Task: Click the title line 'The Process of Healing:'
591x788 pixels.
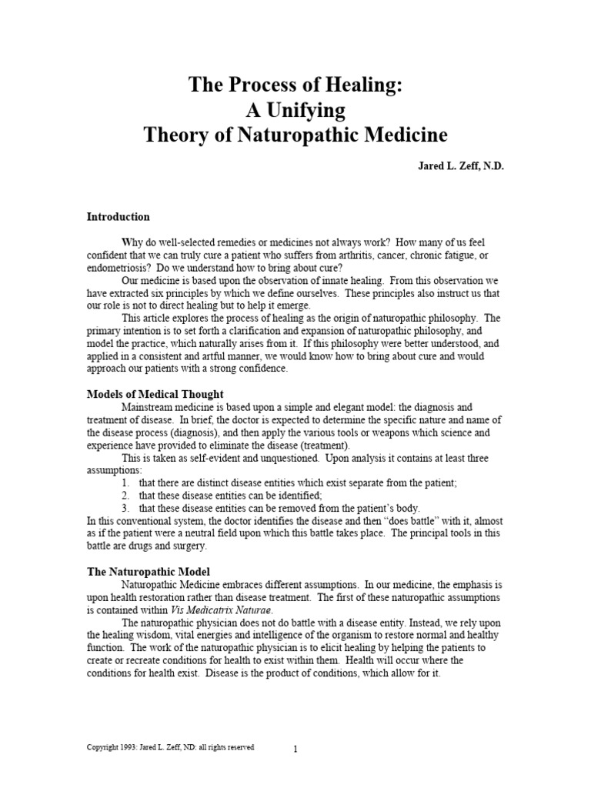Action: point(295,85)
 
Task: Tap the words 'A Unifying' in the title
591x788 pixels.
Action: point(295,111)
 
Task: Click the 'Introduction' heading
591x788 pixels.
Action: point(118,217)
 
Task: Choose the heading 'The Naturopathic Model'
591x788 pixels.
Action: point(148,572)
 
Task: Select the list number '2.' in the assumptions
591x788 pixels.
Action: point(125,496)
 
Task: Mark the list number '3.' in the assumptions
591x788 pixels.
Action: point(125,508)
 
